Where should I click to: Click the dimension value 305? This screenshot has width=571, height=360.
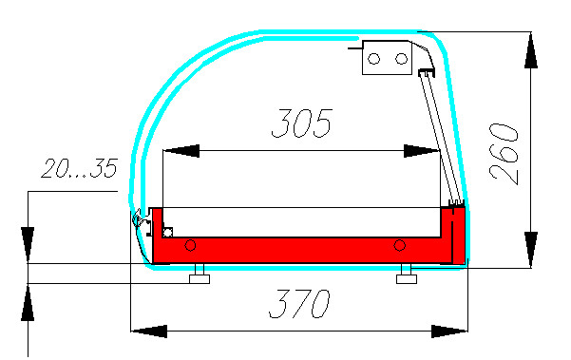302,123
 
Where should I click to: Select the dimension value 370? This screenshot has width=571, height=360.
299,304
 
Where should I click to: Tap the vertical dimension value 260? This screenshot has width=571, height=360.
504,154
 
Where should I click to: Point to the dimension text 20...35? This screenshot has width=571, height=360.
80,168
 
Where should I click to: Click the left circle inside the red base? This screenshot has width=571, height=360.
190,245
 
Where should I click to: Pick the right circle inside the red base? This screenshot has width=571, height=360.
400,245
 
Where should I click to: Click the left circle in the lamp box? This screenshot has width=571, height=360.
374,59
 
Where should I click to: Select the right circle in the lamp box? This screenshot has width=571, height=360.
401,58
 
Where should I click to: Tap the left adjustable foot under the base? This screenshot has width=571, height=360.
200,275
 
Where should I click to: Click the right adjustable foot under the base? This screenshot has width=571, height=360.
407,275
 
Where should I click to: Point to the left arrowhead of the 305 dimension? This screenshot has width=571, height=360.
181,151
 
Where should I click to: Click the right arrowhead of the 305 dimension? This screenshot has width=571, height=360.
422,151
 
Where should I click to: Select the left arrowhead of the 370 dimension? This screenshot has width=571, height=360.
149,332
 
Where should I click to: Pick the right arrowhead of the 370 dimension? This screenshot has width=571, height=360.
449,332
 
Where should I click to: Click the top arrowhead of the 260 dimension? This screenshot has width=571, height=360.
531,50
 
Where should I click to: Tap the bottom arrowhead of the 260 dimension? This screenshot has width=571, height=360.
531,250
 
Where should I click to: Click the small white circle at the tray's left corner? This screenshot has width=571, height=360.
167,232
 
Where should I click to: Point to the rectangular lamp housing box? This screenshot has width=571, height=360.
387,58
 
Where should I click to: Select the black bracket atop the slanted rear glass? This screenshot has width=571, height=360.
427,72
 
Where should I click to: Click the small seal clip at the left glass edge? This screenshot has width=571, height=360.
139,218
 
